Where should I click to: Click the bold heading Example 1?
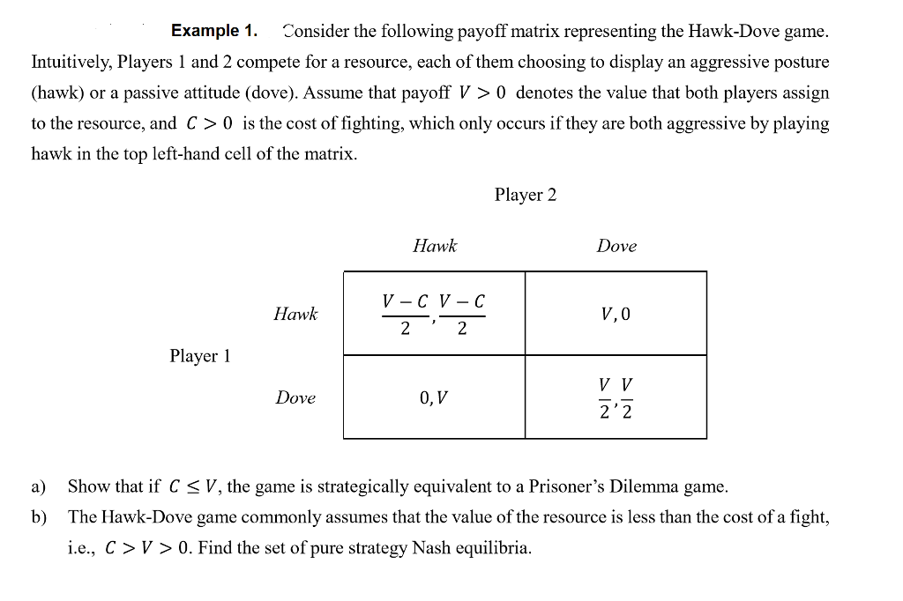pos(214,31)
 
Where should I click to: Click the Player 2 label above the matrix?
pos(526,195)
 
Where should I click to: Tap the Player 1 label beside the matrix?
pos(200,356)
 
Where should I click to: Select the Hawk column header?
pos(435,246)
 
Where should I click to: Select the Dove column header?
pos(616,246)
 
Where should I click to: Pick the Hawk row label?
pos(295,314)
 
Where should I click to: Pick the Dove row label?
pos(295,397)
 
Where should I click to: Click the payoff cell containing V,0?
pos(616,313)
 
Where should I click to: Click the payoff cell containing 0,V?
pos(434,397)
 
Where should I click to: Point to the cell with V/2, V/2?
pos(616,397)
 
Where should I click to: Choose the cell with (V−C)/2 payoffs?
pos(434,313)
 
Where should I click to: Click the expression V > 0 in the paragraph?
pos(482,93)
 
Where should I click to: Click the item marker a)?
pos(39,487)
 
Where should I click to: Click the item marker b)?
pos(39,517)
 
